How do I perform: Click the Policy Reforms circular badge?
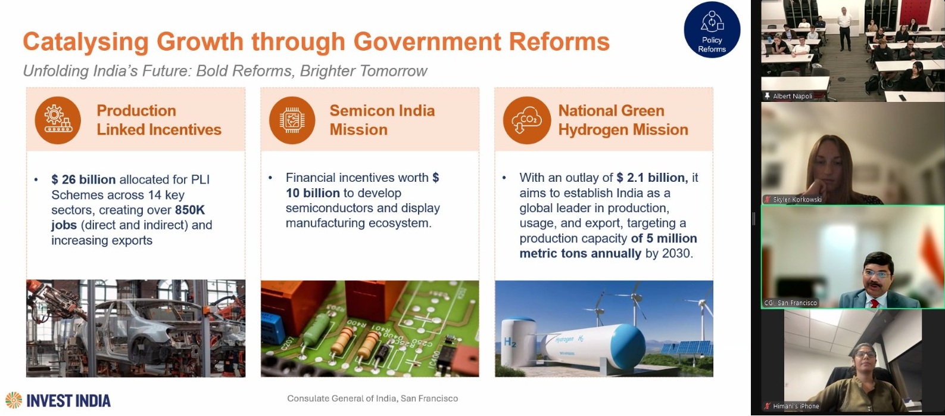[x=712, y=30]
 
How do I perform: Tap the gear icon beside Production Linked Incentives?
[x=58, y=120]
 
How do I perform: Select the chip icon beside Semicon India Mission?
[x=292, y=120]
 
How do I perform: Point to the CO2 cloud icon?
[x=526, y=120]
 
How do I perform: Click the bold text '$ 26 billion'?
[x=83, y=179]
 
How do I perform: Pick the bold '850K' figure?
[x=190, y=210]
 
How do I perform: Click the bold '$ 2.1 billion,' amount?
[x=652, y=178]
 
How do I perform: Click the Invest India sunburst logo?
[x=14, y=400]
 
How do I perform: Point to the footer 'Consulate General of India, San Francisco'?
[x=373, y=398]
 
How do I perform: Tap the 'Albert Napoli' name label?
[x=793, y=97]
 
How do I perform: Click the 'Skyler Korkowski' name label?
[x=797, y=199]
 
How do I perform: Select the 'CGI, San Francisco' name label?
[x=791, y=303]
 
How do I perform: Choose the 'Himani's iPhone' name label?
[x=796, y=406]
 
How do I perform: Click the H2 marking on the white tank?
[x=510, y=342]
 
